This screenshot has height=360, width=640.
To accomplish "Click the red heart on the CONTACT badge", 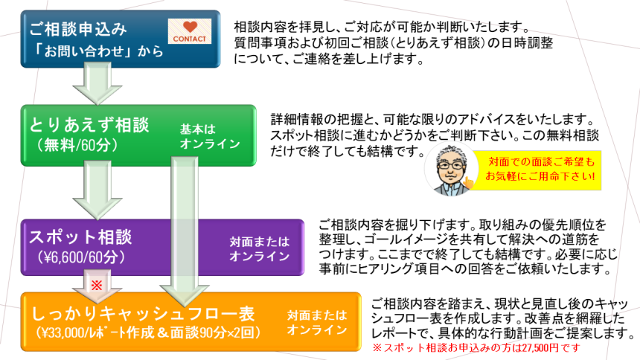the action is click(x=190, y=27).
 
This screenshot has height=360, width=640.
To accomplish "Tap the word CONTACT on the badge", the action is click(x=189, y=39).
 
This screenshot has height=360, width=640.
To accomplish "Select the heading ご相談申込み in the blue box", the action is click(x=78, y=29).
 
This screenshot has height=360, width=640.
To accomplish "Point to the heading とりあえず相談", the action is click(x=89, y=125).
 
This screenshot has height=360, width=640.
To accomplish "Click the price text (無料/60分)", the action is click(x=77, y=145).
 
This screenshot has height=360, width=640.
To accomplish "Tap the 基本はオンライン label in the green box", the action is click(x=210, y=136).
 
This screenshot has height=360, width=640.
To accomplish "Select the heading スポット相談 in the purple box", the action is click(x=80, y=237).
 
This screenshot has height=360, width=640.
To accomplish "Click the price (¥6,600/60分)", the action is click(x=81, y=257).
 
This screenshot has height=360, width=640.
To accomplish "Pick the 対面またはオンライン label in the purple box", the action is click(x=260, y=248).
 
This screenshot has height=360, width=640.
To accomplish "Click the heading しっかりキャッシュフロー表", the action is click(x=144, y=313).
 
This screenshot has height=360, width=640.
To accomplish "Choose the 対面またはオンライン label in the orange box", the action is click(x=317, y=322).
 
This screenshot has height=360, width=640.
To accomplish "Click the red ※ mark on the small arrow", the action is click(x=97, y=285).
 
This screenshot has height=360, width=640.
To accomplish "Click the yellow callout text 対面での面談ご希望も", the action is click(x=542, y=161).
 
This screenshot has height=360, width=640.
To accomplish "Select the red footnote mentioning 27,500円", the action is click(x=476, y=348).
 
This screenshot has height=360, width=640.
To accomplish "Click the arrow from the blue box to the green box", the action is click(x=97, y=83).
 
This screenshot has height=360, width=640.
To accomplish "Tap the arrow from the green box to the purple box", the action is click(x=97, y=190).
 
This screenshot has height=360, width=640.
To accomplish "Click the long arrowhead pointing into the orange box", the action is click(x=185, y=295).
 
